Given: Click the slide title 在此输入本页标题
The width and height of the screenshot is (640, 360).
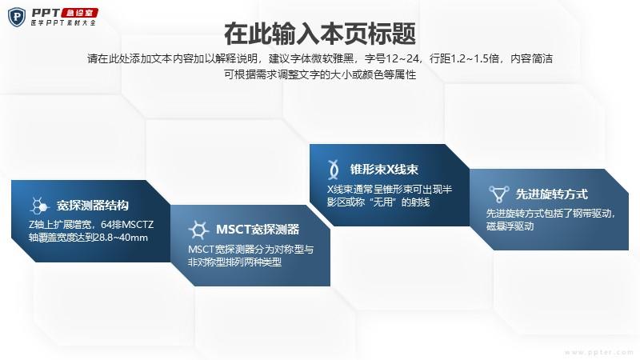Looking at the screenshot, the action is (x=320, y=34).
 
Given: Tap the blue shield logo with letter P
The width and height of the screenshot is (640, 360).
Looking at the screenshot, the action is (x=17, y=17).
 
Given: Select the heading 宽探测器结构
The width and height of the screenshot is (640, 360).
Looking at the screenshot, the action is (x=93, y=206).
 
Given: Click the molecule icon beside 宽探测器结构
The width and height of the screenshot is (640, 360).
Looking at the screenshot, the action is (x=39, y=206).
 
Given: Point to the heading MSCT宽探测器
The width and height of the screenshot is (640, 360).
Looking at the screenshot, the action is (x=258, y=230).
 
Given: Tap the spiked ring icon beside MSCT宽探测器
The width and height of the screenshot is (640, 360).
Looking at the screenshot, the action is (x=198, y=230).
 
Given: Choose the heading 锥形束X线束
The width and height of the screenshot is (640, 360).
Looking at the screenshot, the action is (x=384, y=170).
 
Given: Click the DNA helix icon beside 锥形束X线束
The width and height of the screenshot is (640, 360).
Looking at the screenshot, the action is (x=334, y=170).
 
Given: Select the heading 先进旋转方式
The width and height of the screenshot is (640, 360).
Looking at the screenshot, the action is (x=551, y=194).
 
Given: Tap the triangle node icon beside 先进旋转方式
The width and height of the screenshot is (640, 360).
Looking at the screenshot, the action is (x=498, y=194).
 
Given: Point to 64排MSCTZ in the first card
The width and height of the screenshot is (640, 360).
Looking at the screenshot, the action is (x=127, y=225).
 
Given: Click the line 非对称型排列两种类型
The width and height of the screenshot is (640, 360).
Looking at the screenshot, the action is (x=234, y=262).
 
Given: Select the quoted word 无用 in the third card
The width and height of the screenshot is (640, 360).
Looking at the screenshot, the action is (x=383, y=202).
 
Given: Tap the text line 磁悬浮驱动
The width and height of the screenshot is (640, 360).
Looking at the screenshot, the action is (x=510, y=226).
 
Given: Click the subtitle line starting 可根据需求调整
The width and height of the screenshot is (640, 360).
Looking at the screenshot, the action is (x=320, y=74).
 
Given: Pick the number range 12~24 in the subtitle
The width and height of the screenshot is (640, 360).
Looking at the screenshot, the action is (x=402, y=58).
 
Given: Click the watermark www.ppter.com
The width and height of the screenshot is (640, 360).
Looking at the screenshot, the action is (x=599, y=352).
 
